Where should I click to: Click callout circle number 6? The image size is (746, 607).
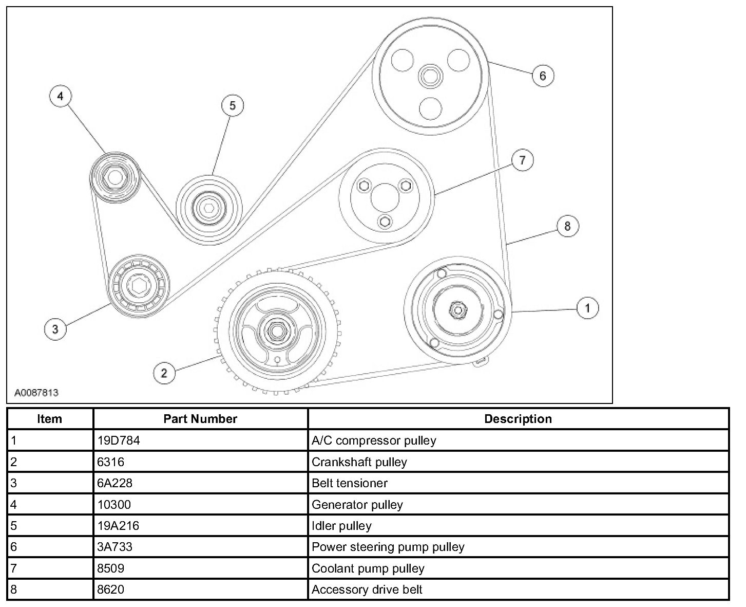coord(543,76)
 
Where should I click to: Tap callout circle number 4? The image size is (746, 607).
coord(61,97)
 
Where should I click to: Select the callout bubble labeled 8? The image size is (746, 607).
coord(567,226)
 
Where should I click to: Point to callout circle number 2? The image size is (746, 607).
coord(164,373)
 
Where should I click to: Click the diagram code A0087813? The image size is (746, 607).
coord(36,393)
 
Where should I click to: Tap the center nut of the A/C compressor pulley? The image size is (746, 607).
coord(456,309)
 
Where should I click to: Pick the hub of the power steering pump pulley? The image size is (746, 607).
coord(429,77)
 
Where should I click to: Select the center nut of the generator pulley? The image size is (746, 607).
coord(115,178)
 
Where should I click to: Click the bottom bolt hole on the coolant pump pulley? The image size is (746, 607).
coord(384,222)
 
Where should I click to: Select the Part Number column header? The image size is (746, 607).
coord(200,419)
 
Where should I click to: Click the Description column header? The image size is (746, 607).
coord(518,419)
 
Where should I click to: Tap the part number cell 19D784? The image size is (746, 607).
coord(119,440)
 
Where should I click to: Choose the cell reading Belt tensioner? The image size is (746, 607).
coord(350,483)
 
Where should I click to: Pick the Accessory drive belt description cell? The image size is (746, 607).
coord(367,590)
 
